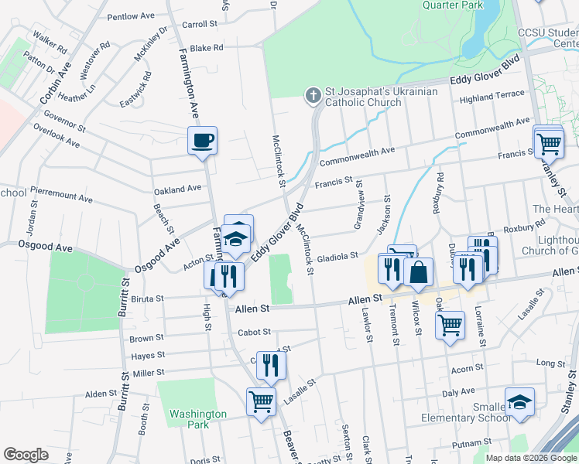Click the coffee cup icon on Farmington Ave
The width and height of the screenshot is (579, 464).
(203, 140)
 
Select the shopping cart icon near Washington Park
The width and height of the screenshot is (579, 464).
(261, 401)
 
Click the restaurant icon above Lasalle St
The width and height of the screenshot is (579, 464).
(271, 364)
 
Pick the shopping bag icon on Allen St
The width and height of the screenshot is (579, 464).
(418, 271)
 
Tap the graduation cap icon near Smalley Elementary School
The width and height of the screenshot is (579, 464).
(519, 401)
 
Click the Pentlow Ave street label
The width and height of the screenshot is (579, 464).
(131, 16)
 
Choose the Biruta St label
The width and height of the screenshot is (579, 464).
(147, 299)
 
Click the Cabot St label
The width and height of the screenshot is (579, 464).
(255, 332)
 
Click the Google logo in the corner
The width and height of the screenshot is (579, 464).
(26, 454)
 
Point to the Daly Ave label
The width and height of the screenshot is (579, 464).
(458, 392)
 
